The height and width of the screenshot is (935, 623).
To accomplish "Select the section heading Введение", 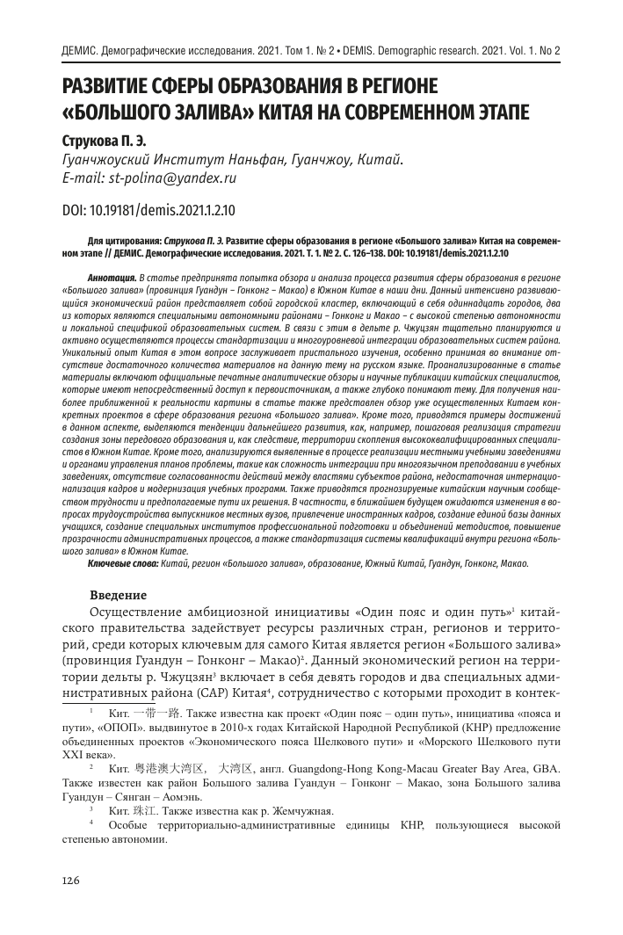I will click(120, 595).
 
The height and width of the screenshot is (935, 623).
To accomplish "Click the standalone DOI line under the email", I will click(148, 211).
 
